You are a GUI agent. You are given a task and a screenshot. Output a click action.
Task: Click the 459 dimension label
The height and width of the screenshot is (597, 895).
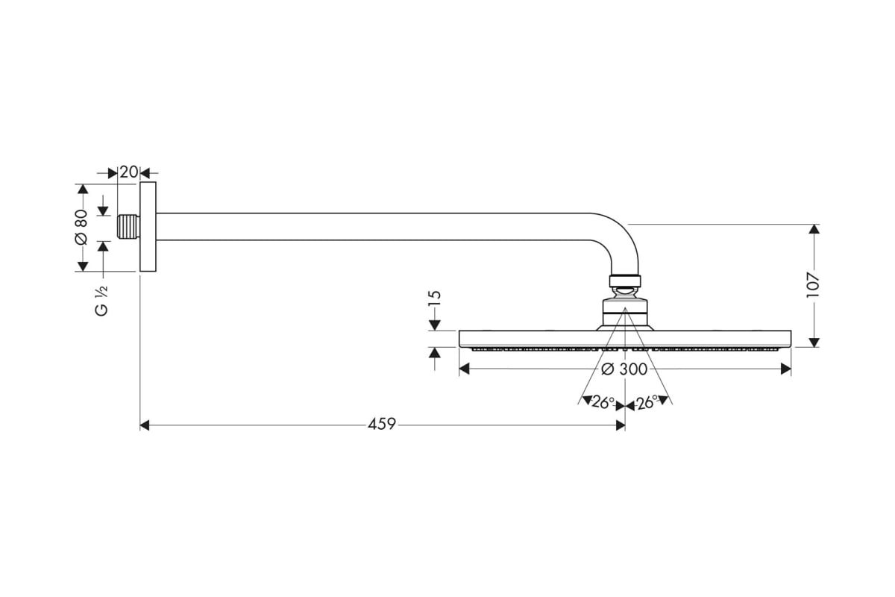(x=382, y=424)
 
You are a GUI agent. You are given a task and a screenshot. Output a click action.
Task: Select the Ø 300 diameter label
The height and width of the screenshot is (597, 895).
(x=624, y=369)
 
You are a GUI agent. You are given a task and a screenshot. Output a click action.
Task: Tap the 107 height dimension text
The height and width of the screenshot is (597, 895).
(x=813, y=285)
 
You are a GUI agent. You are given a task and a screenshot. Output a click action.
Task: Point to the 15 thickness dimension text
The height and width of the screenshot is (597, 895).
(x=434, y=298)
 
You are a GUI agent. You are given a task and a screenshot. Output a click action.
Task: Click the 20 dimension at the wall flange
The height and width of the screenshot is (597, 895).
(x=128, y=172)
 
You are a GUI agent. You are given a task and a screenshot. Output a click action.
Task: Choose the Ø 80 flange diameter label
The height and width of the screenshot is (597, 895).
(x=81, y=227)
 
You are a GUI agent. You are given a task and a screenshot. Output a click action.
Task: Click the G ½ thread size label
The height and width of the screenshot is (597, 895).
(x=101, y=301)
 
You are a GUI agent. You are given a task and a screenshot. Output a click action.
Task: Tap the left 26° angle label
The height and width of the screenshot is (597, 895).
(x=603, y=403)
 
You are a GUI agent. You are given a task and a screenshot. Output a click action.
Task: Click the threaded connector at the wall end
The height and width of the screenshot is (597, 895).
(x=128, y=227)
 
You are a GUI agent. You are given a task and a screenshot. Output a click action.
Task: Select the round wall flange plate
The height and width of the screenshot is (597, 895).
(x=148, y=227)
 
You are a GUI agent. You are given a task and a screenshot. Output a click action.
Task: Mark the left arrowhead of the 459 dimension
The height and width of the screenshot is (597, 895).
(x=145, y=425)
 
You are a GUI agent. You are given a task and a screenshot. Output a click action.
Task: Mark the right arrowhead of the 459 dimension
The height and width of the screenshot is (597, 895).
(x=621, y=425)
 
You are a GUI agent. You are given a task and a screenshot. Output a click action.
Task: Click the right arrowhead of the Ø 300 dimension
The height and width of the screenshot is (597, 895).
(x=786, y=369)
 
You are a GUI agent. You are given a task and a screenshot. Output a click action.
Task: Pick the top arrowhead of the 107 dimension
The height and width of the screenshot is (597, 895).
(x=814, y=229)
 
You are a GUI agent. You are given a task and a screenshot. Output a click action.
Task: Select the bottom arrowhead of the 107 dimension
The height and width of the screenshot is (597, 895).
(x=814, y=343)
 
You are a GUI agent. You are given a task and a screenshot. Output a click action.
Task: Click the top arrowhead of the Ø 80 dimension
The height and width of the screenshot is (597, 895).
(x=83, y=189)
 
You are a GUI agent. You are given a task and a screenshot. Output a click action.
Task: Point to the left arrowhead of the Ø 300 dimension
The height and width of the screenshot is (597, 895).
(x=464, y=369)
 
